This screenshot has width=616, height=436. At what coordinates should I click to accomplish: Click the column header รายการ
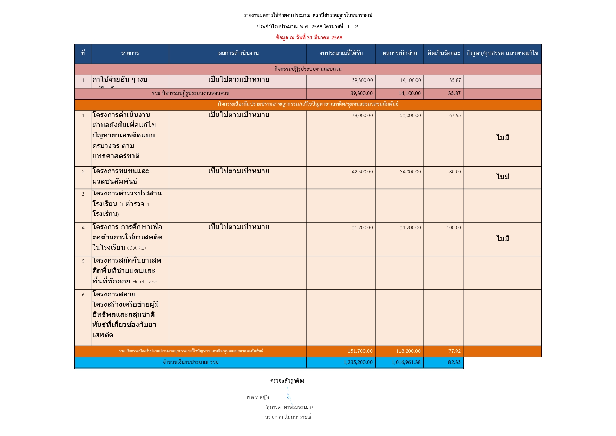(x=130, y=53)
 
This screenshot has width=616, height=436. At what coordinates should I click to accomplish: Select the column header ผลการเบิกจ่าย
(x=399, y=53)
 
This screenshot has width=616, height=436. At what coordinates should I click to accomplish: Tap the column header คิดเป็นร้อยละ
(x=444, y=53)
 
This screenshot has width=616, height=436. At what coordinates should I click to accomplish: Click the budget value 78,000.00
(x=362, y=115)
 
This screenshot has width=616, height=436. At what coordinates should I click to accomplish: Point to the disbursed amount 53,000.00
(x=410, y=115)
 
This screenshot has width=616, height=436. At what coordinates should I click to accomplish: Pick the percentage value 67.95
(x=455, y=115)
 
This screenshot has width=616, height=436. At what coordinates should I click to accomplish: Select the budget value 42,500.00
(x=362, y=172)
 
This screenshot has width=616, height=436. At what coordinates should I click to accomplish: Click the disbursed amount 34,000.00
(x=410, y=172)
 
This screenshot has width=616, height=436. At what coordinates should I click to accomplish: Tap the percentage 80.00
(x=455, y=172)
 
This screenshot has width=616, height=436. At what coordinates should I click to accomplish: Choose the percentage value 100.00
(x=454, y=227)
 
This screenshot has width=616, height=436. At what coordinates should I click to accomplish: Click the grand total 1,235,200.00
(x=358, y=362)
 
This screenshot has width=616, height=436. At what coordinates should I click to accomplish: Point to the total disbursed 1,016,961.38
(x=406, y=362)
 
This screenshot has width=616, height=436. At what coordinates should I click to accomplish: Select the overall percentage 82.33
(x=454, y=362)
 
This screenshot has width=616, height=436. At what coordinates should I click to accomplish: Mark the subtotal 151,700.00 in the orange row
(x=360, y=351)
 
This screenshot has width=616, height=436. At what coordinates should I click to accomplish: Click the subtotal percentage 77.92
(x=454, y=351)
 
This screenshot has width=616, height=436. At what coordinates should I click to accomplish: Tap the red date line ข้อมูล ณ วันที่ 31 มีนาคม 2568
(x=309, y=38)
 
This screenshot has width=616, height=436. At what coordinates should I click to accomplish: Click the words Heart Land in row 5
(x=145, y=282)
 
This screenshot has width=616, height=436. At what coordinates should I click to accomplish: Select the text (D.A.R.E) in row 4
(x=137, y=248)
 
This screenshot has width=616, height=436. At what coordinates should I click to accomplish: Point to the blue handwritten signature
(x=289, y=396)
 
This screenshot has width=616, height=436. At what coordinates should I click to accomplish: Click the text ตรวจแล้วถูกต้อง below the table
(x=287, y=380)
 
